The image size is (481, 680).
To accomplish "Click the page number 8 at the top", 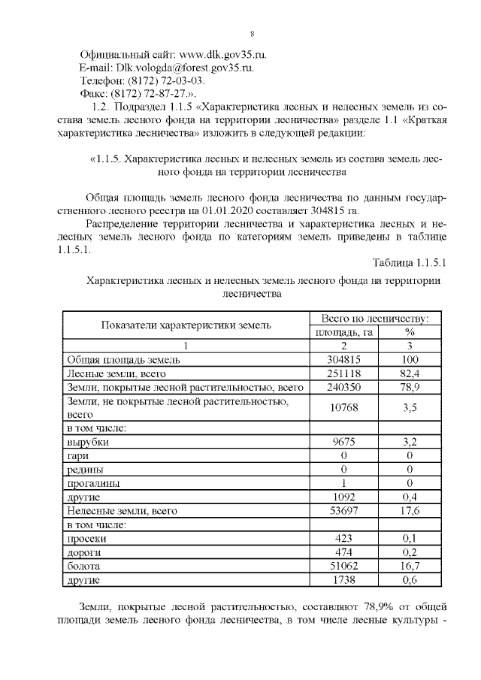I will coord(252,33).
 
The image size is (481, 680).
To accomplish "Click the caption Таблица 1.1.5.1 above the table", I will coord(409,263).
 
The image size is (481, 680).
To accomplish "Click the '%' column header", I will coord(410,332).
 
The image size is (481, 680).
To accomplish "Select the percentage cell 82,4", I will coord(410,373).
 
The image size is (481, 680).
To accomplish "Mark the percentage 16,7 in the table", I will coord(410,567).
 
